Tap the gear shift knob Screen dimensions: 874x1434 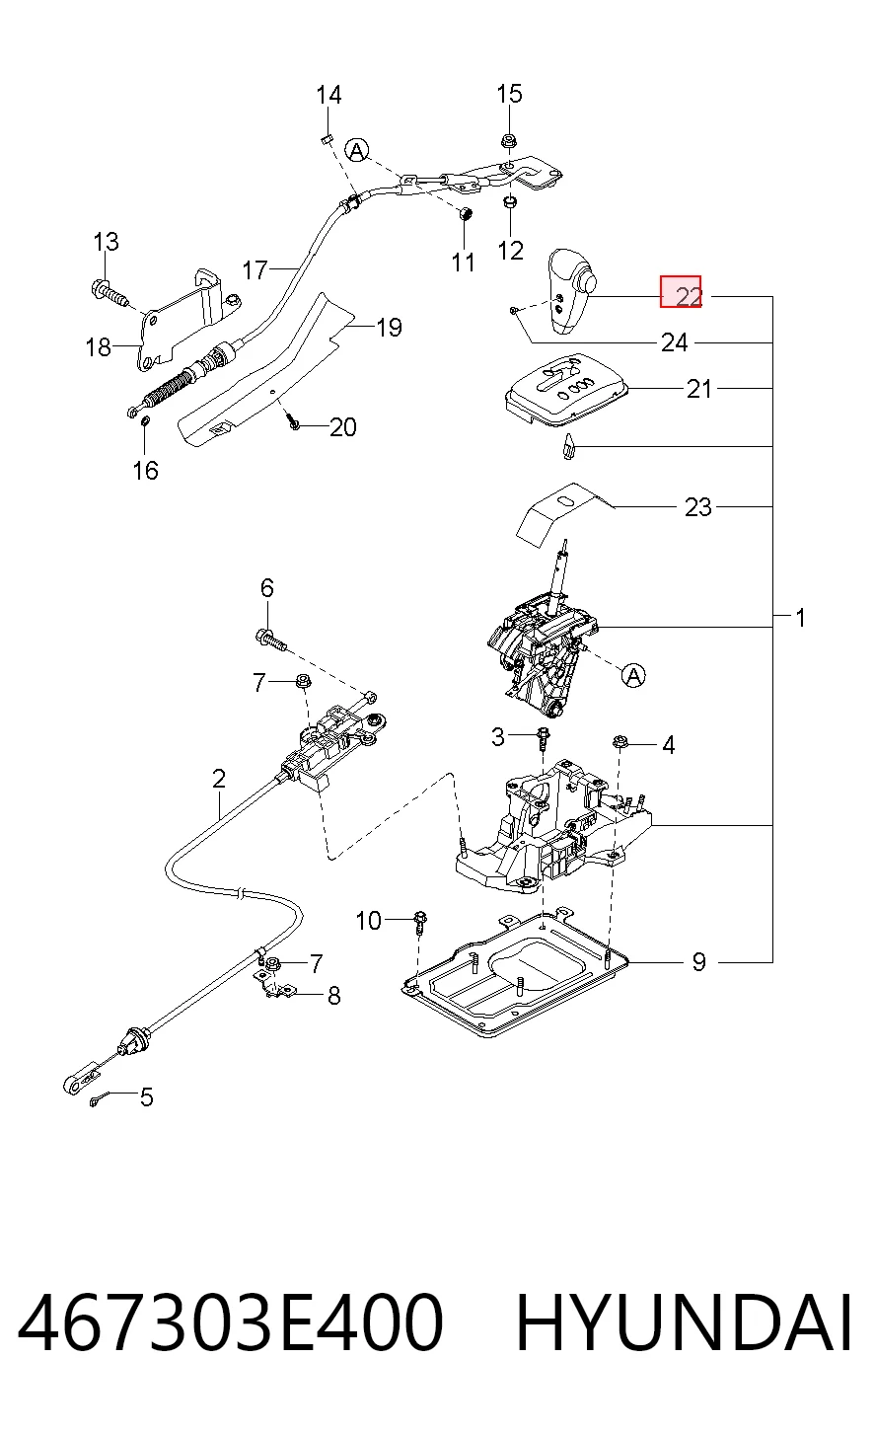pos(571,291)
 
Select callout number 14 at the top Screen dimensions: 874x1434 pos(328,96)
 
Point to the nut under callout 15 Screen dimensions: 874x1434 pos(509,139)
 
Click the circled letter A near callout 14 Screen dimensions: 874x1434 pos(357,150)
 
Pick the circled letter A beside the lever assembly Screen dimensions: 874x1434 pos(632,675)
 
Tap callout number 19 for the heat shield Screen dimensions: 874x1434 pos(389,328)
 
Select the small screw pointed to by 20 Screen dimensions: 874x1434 pos(294,422)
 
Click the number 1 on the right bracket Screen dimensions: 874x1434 pos(800,619)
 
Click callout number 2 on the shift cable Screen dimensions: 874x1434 pos(219,779)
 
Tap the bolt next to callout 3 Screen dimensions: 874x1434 pos(544,739)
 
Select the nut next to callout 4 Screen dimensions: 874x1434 pos(620,742)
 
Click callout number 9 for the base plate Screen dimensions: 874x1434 pos(698,961)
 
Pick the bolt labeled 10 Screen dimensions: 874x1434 pos(420,922)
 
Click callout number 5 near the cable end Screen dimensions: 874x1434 pos(147,1097)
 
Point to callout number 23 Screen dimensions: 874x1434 pos(698,507)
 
